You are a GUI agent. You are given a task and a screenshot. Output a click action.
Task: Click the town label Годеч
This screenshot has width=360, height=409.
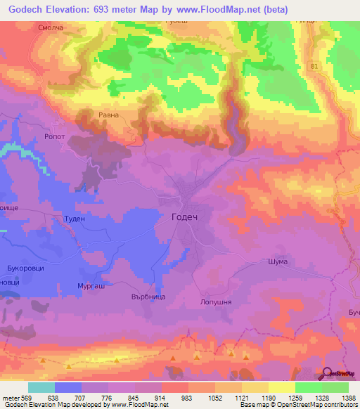185,217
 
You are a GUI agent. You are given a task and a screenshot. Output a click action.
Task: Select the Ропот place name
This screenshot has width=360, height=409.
75,138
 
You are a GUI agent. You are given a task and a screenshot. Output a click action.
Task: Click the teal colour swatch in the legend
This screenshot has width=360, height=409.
41,387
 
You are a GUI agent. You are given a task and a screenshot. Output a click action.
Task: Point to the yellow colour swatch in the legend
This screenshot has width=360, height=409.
281,387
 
